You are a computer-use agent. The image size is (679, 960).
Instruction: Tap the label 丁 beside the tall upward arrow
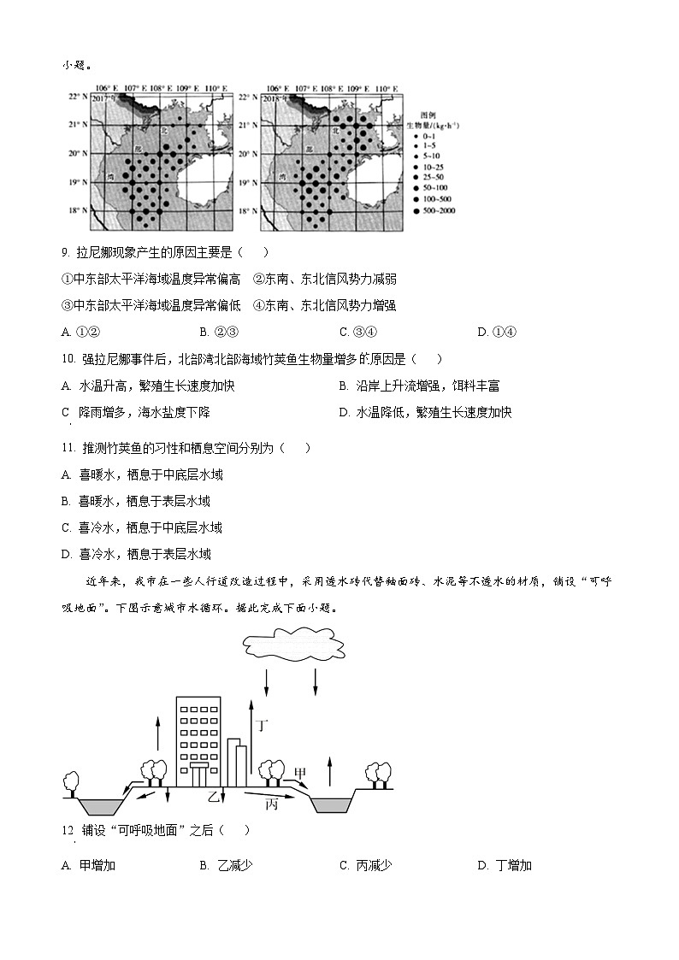(x=263, y=726)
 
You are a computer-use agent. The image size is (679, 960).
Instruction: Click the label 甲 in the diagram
(x=299, y=774)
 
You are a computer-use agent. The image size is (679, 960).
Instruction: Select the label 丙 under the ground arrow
(x=271, y=804)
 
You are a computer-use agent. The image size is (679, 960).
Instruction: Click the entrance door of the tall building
(x=198, y=776)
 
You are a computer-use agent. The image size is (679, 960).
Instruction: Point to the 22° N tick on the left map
(x=78, y=97)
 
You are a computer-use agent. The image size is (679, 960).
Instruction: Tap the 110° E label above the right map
(x=386, y=88)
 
